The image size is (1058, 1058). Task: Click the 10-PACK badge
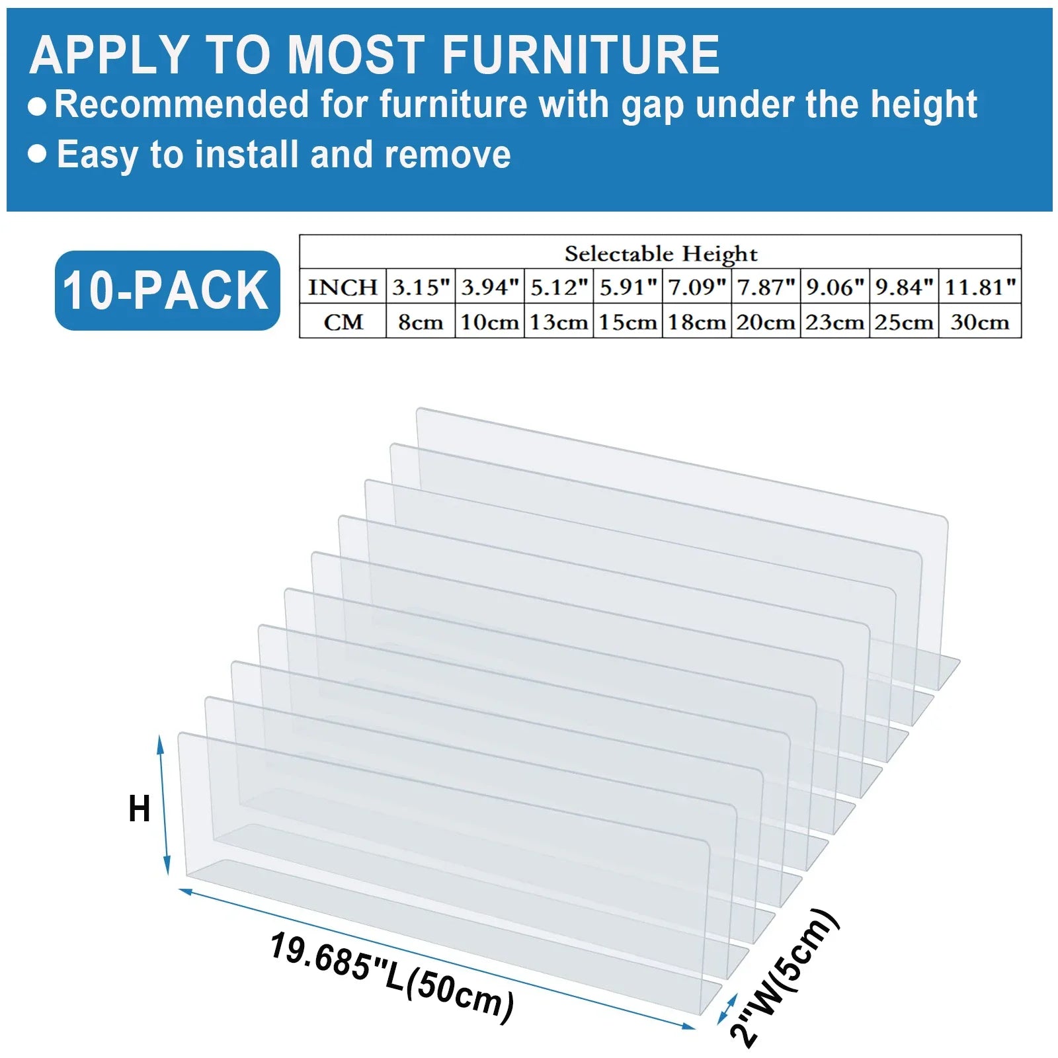point(167,290)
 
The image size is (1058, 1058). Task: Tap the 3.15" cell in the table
point(421,287)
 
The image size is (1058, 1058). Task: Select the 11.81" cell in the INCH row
point(980,287)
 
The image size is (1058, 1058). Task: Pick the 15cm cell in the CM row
point(628,322)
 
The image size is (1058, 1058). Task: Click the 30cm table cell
point(980,322)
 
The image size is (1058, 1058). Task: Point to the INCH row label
point(343,287)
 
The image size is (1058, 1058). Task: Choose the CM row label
point(343,322)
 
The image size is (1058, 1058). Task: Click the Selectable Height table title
point(661,253)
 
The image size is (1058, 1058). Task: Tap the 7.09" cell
point(696,287)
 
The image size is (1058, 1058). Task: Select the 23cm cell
point(834,322)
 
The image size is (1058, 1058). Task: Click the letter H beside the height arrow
point(140,809)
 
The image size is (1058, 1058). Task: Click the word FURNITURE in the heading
point(581,54)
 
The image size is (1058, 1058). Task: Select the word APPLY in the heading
point(110,54)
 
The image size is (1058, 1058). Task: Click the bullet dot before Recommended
point(38,106)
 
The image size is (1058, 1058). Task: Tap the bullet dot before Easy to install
point(38,154)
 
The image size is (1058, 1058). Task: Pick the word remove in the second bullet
point(448,155)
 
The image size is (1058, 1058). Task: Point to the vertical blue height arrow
point(163,805)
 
